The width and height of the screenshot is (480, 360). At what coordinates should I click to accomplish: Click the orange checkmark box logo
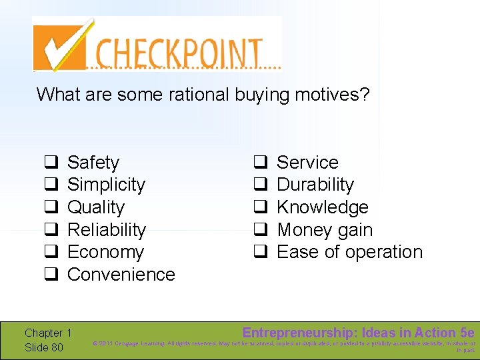point(61,45)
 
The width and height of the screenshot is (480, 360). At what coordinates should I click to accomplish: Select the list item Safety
point(93,163)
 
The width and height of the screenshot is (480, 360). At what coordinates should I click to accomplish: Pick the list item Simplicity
point(106,185)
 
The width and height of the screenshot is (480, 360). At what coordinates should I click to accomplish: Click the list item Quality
point(96,207)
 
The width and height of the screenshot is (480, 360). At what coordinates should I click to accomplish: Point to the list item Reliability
point(107,230)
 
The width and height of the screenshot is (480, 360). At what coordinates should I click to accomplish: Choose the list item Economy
point(105,252)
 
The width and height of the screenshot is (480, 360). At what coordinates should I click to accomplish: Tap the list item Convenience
point(121,275)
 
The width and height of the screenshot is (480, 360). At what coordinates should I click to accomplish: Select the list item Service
point(307,163)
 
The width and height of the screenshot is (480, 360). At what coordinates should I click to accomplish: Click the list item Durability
point(315,185)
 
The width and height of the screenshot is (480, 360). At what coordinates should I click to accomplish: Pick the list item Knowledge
point(323,207)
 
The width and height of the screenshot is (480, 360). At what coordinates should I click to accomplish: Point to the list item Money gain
point(325,230)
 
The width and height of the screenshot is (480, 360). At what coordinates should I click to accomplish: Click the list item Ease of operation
point(349,252)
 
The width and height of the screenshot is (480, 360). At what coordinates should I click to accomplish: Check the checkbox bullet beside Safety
point(49,163)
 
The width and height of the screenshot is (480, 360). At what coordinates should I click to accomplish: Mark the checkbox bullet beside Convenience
point(49,275)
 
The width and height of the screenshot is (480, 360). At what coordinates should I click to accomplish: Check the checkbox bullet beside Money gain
point(261,230)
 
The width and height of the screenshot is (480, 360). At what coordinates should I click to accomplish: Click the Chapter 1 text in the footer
point(48,333)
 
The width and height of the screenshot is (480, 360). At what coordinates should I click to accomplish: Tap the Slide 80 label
point(44,347)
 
